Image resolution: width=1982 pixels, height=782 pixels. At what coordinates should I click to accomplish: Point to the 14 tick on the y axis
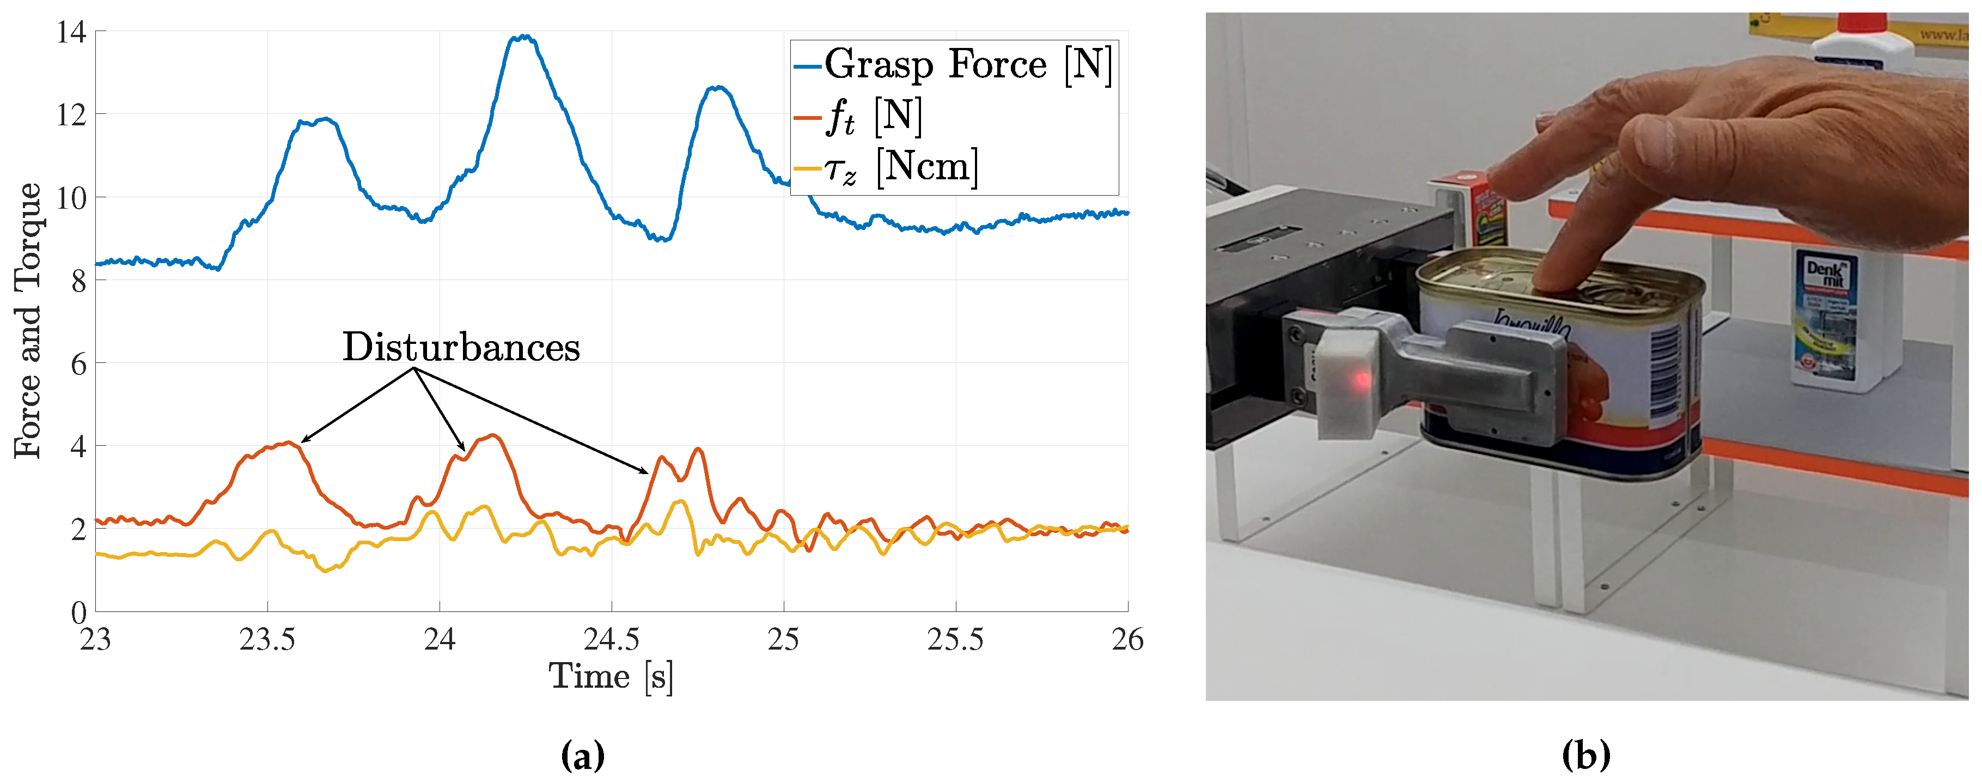point(71,32)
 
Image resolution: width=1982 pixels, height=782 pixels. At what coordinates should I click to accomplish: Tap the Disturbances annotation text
point(461,348)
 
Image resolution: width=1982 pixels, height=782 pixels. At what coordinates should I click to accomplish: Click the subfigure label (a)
point(582,755)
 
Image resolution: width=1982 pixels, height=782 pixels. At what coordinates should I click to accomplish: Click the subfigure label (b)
point(1585,755)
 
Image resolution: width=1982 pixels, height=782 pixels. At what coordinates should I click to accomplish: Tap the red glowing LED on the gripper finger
point(1361,379)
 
